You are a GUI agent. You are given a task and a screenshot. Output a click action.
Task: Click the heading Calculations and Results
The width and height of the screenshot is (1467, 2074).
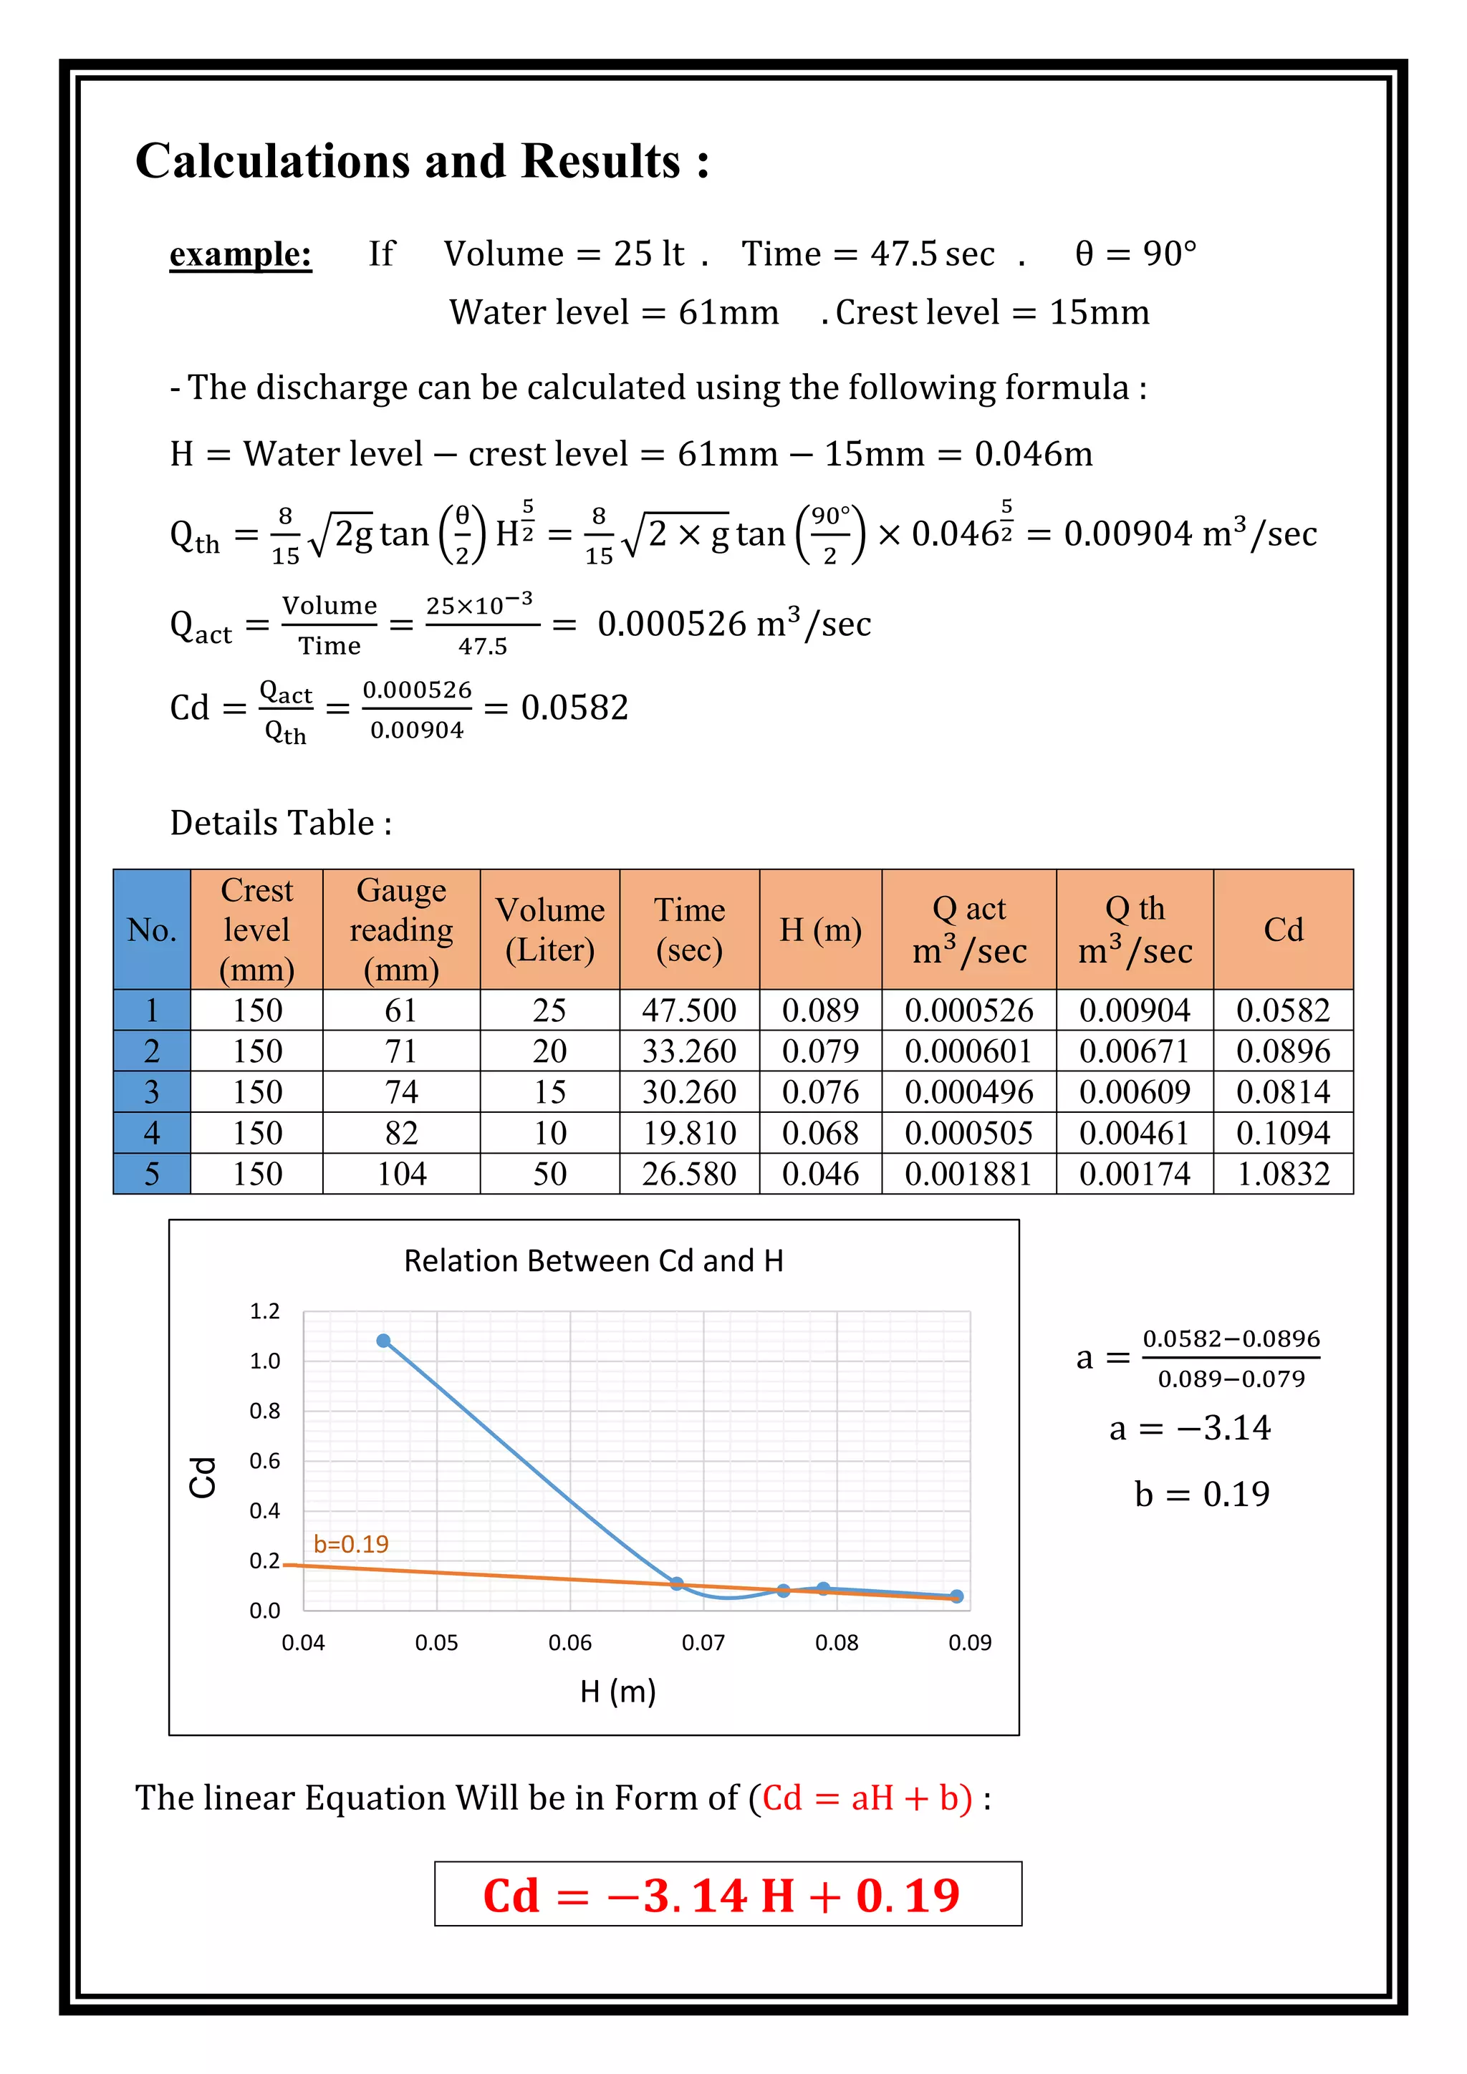tap(422, 162)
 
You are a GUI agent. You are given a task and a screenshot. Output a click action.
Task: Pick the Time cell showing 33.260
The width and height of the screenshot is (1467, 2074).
tap(688, 1051)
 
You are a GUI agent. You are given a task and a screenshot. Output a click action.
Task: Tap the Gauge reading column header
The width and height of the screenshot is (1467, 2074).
tap(401, 929)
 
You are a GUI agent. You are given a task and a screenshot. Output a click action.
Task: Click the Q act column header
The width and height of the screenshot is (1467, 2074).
tap(968, 929)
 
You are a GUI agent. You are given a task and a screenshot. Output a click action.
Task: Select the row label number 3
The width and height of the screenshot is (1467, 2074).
tap(152, 1091)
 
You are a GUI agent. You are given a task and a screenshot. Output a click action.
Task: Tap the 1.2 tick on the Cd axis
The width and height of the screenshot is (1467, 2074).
tap(264, 1311)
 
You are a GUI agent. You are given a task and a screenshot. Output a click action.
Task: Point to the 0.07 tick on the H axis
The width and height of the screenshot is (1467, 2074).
tap(703, 1642)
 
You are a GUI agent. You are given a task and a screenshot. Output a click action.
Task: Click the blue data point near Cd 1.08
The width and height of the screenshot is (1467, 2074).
tap(384, 1341)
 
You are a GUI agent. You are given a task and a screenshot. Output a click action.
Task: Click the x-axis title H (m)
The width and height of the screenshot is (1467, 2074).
tap(618, 1691)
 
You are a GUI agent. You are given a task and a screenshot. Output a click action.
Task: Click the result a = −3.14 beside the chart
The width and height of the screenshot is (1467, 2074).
tap(1190, 1428)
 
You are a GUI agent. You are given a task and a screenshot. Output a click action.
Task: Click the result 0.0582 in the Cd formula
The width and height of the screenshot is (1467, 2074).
tap(574, 708)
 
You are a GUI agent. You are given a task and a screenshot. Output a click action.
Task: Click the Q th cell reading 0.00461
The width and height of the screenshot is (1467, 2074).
tap(1134, 1133)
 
